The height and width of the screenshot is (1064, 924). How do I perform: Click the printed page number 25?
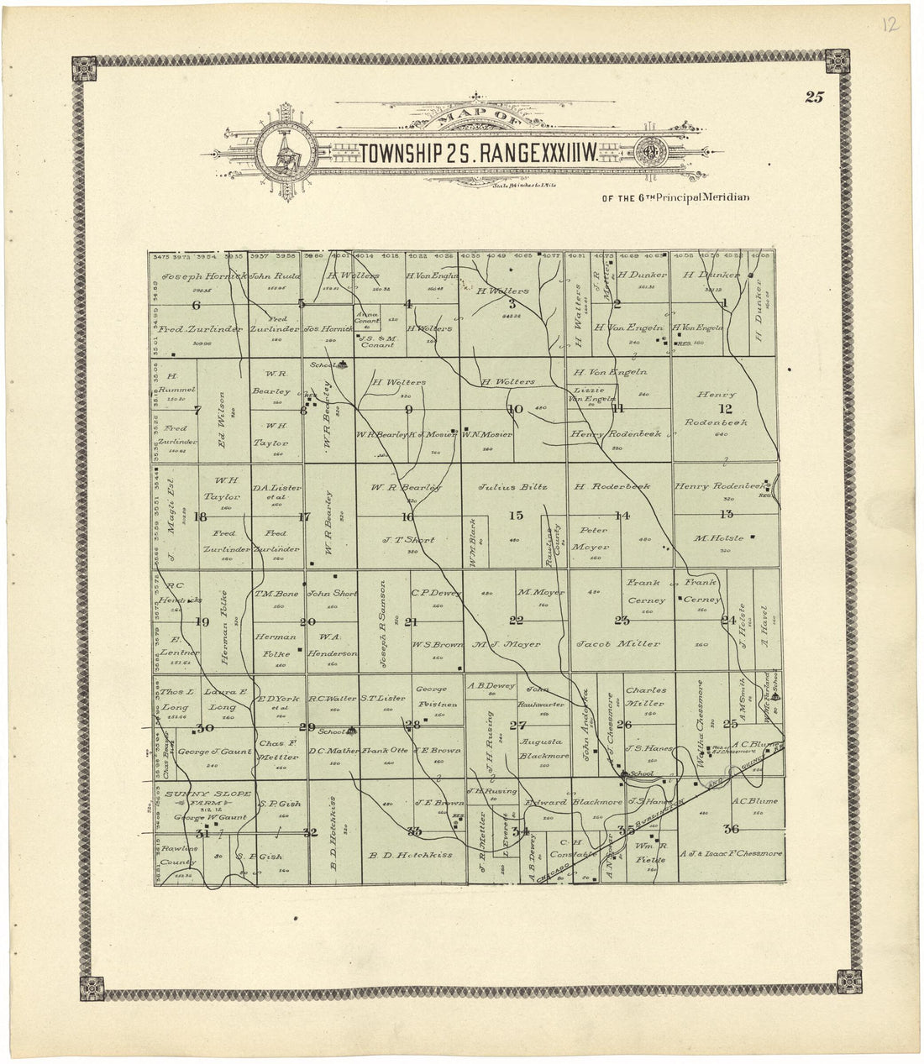tap(813, 97)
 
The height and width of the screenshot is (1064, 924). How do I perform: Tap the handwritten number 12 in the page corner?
tap(890, 24)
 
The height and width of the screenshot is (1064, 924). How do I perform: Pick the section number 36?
tap(730, 830)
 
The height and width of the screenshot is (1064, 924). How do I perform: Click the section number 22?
tap(516, 621)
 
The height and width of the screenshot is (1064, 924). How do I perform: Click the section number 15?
tap(516, 516)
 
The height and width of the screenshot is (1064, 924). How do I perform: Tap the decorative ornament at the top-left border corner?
tap(85, 67)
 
